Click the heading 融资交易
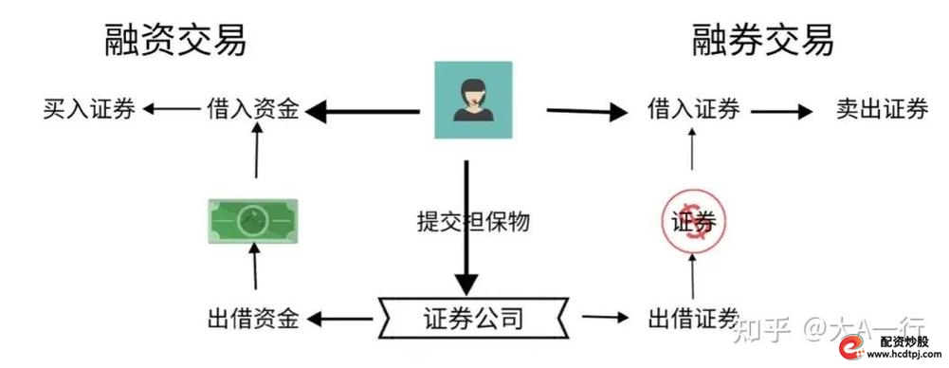175,41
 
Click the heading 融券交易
764,41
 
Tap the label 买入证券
90,111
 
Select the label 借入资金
253,111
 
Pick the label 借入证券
693,111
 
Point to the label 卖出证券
882,111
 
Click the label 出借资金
253,318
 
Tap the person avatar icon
472,98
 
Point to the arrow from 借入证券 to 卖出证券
782,111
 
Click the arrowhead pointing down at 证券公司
465,282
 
